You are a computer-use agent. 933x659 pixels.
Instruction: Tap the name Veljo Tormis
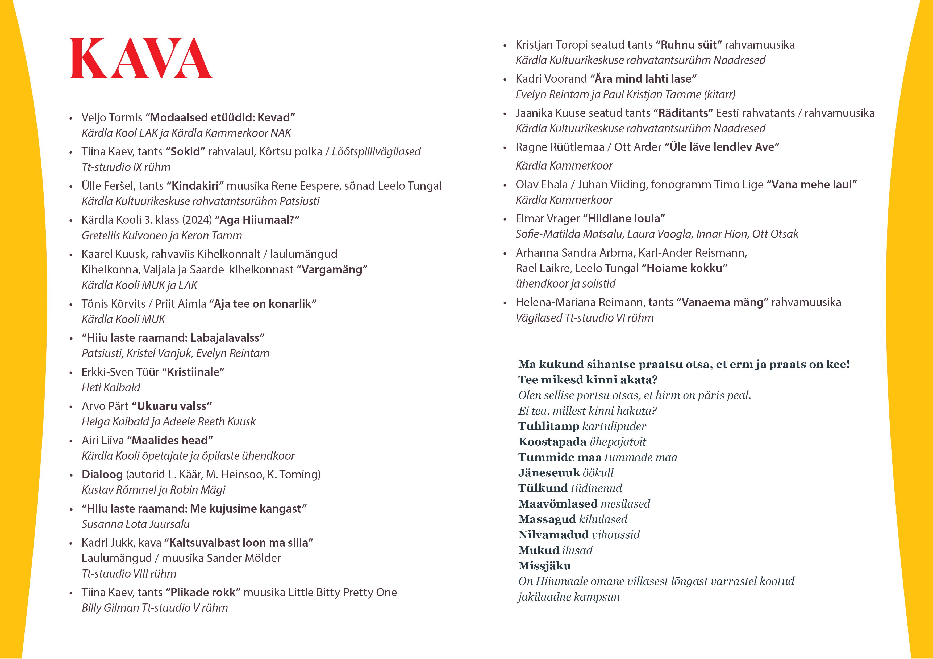[112, 117]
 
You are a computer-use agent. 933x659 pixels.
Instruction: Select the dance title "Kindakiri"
[195, 186]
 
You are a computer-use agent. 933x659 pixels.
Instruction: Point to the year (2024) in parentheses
[197, 220]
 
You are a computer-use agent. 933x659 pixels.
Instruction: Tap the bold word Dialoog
[102, 474]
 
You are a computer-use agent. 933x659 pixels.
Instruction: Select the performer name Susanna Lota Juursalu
[135, 524]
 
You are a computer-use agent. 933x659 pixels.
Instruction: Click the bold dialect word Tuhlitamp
[549, 426]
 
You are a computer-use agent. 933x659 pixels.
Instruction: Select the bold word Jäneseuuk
[549, 473]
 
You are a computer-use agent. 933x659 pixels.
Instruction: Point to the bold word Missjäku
[544, 566]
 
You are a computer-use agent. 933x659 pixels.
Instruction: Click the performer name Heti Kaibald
[111, 388]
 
